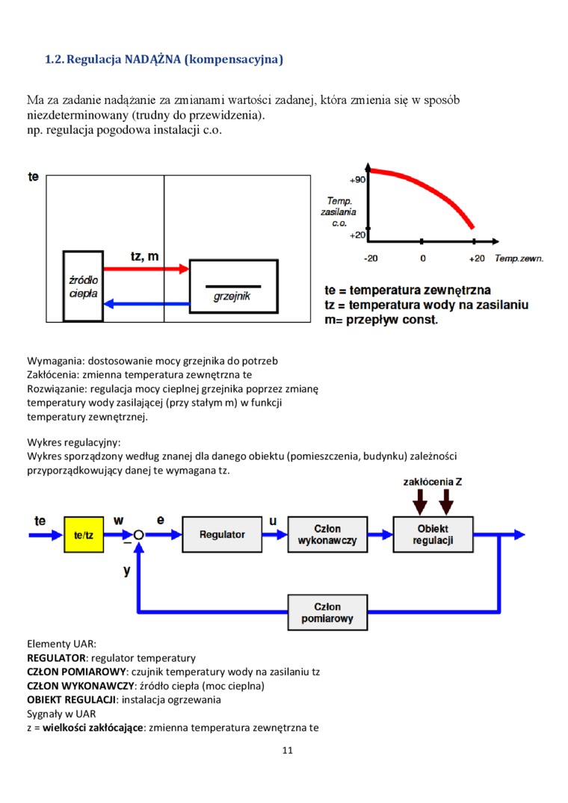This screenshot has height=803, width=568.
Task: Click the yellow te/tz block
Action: click(84, 535)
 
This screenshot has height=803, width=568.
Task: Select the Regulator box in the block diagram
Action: click(222, 535)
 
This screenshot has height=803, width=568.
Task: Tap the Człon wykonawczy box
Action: click(327, 535)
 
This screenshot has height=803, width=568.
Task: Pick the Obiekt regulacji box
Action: click(433, 535)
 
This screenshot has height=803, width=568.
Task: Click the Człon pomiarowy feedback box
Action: click(327, 613)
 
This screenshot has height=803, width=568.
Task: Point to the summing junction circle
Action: click(139, 535)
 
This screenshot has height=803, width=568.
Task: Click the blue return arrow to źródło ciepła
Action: click(146, 303)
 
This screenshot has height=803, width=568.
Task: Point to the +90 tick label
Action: click(357, 180)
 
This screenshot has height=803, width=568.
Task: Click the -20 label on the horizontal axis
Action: click(370, 258)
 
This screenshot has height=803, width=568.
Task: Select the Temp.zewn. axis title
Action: click(519, 258)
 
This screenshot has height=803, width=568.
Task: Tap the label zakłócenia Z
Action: click(432, 482)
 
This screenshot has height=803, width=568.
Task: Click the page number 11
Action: click(288, 750)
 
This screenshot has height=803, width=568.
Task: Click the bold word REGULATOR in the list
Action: click(56, 658)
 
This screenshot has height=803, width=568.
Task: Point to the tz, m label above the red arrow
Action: click(144, 256)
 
